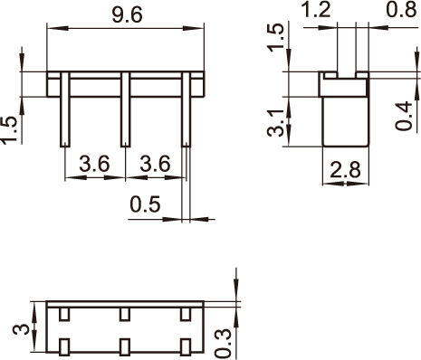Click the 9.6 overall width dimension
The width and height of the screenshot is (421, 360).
tap(127, 15)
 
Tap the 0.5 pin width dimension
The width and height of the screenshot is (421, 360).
tap(145, 204)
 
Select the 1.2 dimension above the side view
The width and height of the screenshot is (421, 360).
tap(316, 10)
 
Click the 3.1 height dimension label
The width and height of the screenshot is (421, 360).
tap(276, 123)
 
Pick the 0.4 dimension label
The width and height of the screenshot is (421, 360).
tap(404, 116)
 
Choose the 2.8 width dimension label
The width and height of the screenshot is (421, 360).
tap(345, 170)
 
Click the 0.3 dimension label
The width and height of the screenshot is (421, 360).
tap(223, 343)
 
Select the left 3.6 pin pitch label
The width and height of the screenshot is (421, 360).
tap(94, 164)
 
